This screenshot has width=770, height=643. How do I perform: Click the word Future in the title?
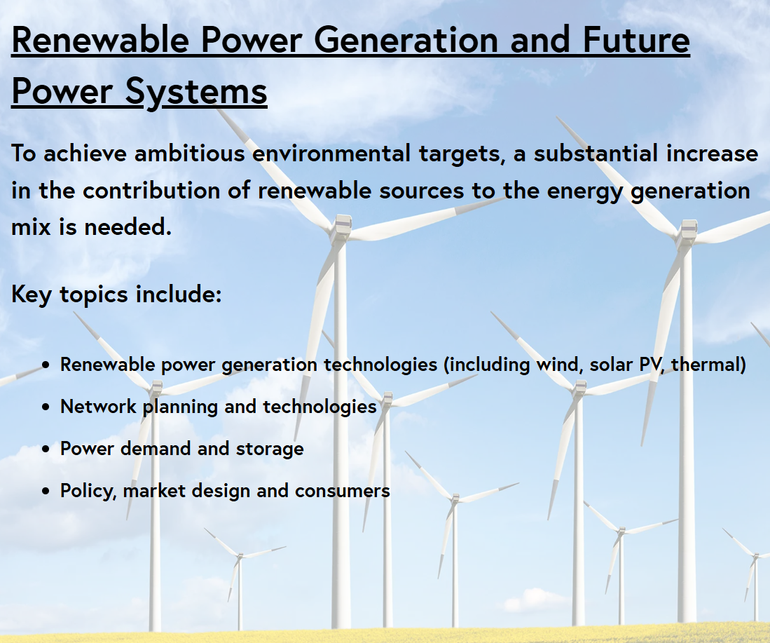point(636,39)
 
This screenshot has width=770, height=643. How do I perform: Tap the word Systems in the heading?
point(196,92)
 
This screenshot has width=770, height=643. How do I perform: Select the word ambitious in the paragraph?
point(190,153)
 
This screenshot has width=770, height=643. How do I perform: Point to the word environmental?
point(331,153)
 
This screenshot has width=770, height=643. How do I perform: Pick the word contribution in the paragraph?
point(151,190)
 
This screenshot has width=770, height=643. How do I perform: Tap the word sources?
point(422,191)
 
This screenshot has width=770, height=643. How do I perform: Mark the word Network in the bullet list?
point(98,407)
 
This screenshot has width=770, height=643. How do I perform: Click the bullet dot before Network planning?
point(46,407)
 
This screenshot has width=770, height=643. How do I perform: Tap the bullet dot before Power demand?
point(46,449)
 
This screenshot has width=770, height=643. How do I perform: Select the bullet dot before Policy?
point(46,491)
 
